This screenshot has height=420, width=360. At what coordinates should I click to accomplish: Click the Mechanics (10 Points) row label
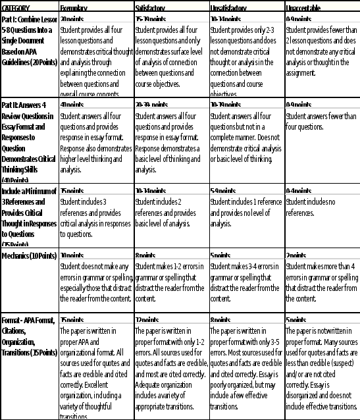pos(28,256)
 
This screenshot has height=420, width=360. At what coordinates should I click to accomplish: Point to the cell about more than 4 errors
pos(322,280)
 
